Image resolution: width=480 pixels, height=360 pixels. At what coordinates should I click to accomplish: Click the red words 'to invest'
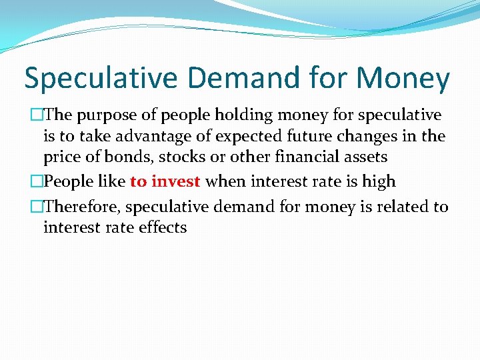tap(165, 181)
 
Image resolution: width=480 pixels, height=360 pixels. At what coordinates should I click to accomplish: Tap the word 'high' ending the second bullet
tap(379, 181)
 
